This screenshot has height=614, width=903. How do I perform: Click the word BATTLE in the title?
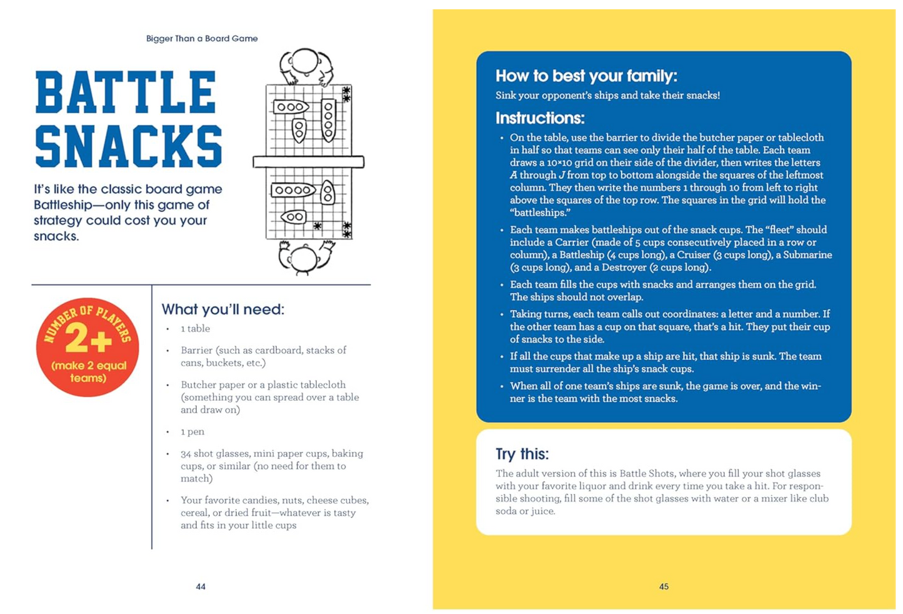(x=126, y=92)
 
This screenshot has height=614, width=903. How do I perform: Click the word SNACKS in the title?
(x=129, y=146)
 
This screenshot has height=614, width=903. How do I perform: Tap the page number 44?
(x=201, y=586)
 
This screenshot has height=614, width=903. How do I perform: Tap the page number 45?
(x=664, y=586)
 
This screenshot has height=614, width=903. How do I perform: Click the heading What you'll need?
(x=223, y=310)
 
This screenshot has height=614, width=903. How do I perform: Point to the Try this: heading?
(x=522, y=454)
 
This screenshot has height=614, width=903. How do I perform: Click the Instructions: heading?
(x=540, y=118)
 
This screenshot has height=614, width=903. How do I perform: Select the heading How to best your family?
(x=586, y=76)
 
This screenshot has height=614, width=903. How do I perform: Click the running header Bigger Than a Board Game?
(x=202, y=38)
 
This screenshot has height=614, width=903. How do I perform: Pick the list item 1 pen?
(x=192, y=431)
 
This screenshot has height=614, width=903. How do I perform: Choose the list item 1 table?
(x=195, y=328)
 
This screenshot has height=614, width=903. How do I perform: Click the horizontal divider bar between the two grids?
(x=308, y=162)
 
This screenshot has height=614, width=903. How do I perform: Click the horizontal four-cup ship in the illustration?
(x=293, y=190)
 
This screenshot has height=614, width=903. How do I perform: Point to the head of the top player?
(x=305, y=61)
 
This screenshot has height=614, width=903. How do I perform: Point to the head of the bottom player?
(x=304, y=259)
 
